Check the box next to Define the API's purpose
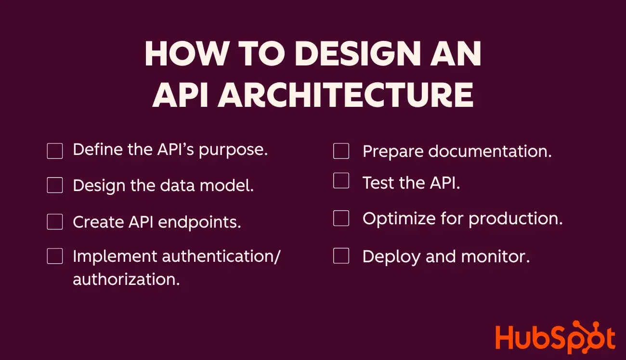point(55,151)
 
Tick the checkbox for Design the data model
point(55,185)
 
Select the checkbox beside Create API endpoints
point(55,221)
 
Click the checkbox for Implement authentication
point(55,256)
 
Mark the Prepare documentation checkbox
point(341,151)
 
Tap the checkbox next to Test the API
point(341,181)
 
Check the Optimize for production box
point(341,218)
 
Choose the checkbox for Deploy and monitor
point(341,256)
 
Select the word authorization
point(126,279)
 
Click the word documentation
point(490,152)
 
